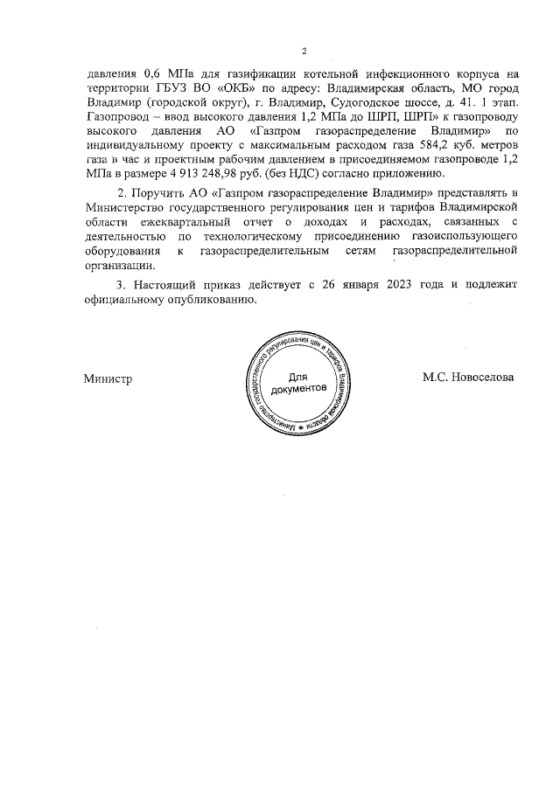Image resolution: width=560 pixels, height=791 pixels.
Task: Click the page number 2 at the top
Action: (304, 50)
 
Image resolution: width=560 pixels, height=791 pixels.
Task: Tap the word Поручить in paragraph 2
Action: (163, 191)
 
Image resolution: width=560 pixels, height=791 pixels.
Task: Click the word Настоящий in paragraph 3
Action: (166, 285)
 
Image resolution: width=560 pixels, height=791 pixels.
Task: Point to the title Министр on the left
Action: (108, 378)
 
